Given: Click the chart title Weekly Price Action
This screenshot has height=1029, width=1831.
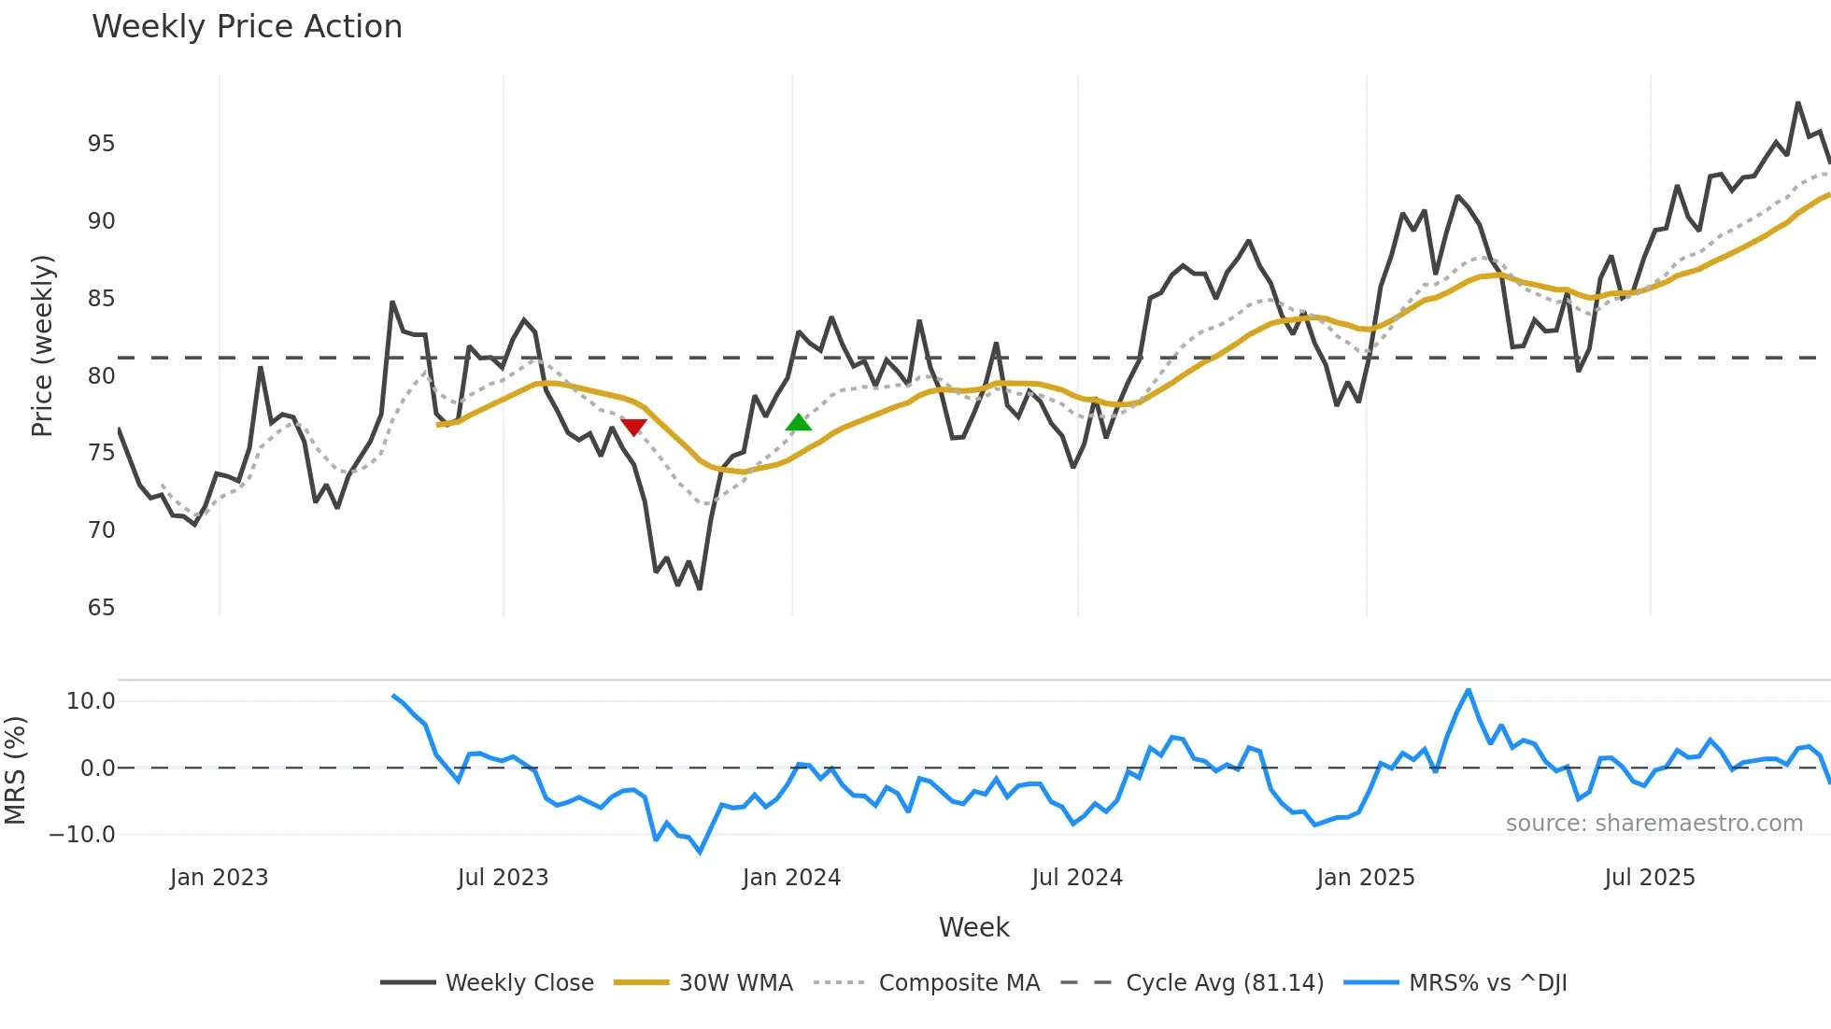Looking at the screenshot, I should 247,27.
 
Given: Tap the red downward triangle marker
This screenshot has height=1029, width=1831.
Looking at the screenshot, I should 633,427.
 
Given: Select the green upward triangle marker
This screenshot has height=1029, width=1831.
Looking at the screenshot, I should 799,423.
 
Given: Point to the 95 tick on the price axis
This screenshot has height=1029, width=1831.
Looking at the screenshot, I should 101,144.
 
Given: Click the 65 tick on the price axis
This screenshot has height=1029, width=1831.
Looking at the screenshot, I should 101,608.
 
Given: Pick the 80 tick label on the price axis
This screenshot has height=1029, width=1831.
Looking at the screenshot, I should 101,376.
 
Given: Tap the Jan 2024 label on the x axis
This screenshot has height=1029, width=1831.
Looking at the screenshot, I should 791,878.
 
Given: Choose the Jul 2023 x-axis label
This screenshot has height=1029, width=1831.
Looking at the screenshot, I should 503,878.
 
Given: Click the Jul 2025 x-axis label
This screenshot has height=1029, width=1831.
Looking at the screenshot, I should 1649,878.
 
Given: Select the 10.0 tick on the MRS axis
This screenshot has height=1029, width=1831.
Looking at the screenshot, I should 91,701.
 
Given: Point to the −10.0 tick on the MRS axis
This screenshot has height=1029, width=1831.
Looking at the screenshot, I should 82,835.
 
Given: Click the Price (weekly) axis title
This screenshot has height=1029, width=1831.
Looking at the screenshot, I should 43,345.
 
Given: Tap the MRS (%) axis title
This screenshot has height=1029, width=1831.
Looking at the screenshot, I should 16,770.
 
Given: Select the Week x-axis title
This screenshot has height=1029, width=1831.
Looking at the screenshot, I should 973,927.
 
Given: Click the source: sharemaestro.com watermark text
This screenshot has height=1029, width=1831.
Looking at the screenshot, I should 1654,824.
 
